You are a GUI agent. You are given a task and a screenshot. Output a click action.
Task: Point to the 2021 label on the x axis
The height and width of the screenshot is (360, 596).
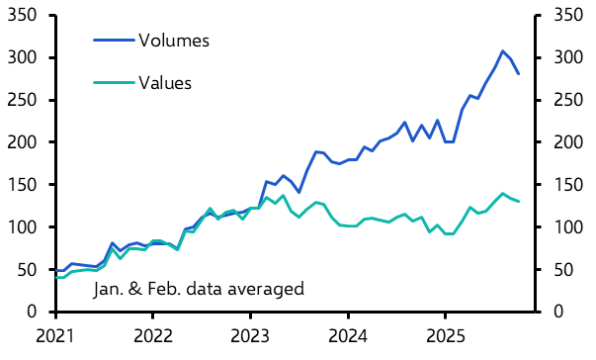tap(54, 335)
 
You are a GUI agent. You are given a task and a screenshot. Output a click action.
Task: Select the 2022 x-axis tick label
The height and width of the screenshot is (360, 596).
tap(152, 335)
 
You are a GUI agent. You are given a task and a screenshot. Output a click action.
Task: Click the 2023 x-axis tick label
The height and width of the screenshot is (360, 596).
tap(250, 335)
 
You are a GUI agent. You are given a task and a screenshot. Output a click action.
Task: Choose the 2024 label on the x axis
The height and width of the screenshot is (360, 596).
tap(348, 335)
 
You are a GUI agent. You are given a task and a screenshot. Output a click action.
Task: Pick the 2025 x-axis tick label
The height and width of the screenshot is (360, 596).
tap(446, 335)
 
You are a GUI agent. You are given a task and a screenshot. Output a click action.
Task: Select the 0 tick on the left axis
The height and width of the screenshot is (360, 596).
tap(39, 313)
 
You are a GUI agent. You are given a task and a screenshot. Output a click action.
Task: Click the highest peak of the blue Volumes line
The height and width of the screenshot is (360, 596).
tap(502, 51)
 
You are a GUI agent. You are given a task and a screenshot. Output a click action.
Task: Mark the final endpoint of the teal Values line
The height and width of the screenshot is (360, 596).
tap(518, 202)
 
